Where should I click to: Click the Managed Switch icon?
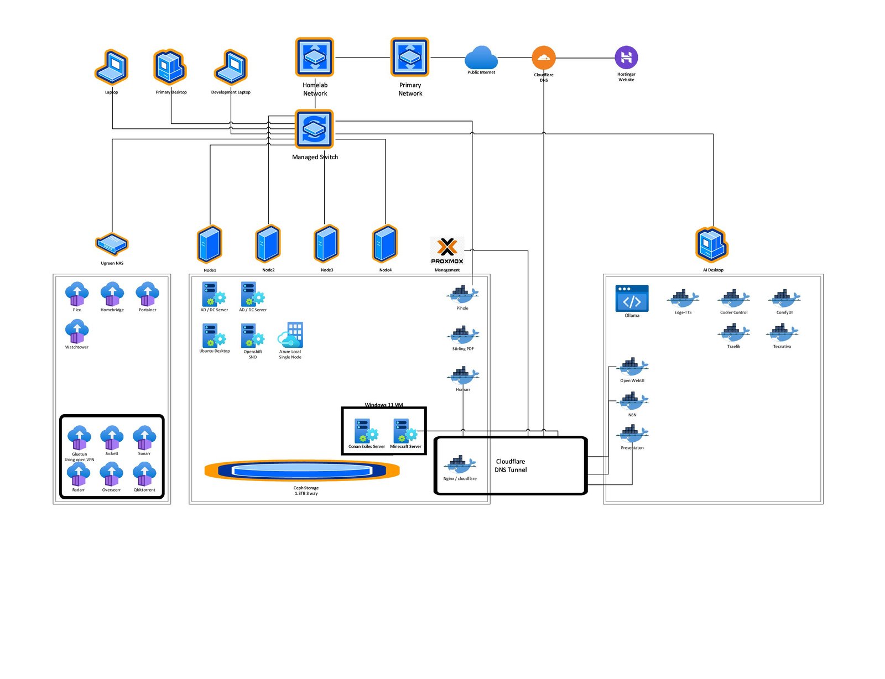[314, 129]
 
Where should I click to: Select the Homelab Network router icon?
[314, 57]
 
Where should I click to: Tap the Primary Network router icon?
[410, 57]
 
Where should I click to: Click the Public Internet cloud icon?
[481, 58]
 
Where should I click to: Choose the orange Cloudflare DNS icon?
[543, 58]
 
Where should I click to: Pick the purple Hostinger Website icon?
[626, 57]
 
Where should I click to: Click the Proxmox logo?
[447, 250]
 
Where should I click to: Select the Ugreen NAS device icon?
[112, 244]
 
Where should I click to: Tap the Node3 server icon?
[326, 244]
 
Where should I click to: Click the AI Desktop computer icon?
[712, 244]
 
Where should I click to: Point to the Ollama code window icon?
[632, 299]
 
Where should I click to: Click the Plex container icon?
[77, 294]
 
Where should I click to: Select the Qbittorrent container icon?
[144, 474]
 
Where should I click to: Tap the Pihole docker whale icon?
[462, 294]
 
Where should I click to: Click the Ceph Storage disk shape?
[302, 471]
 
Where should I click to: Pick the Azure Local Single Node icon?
[290, 335]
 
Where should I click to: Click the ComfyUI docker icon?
[784, 299]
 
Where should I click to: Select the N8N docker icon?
[632, 401]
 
